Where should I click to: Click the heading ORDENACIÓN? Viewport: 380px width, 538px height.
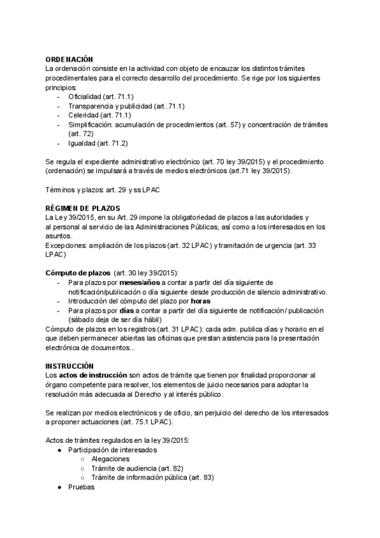[x=70, y=58]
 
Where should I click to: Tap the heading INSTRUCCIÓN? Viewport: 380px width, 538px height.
[x=70, y=366]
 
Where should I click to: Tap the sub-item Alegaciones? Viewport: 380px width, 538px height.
[x=110, y=459]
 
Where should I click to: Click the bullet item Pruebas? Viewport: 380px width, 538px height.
[x=81, y=487]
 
